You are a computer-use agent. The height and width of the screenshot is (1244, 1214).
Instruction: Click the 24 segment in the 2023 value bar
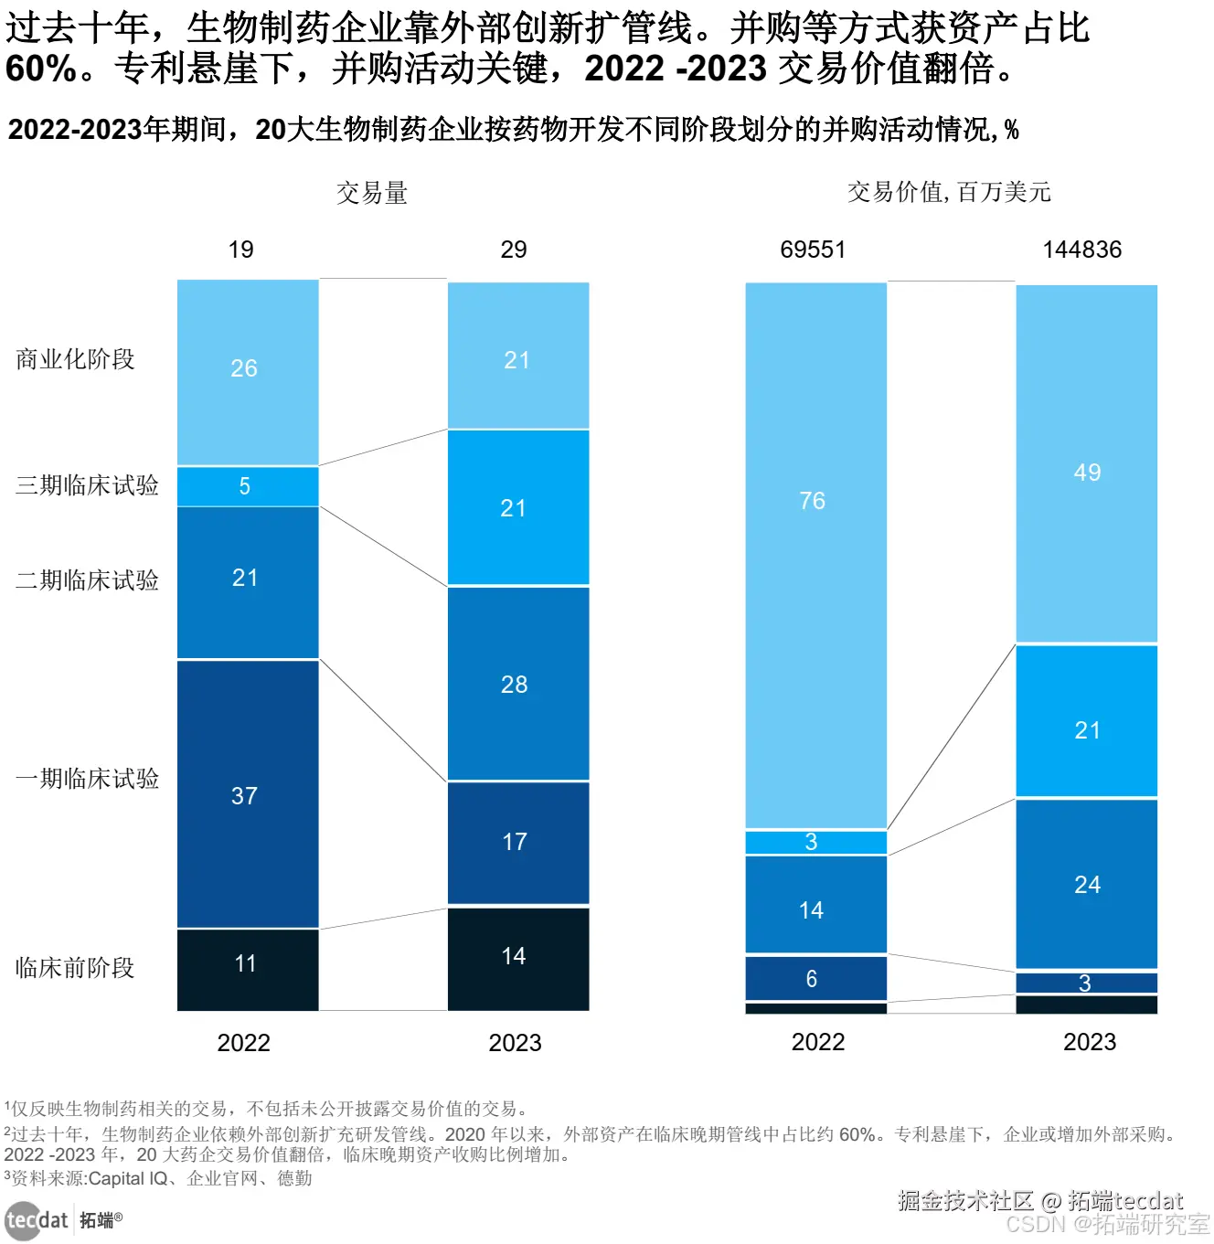[1086, 884]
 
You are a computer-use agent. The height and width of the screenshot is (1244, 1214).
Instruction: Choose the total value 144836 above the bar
[1082, 250]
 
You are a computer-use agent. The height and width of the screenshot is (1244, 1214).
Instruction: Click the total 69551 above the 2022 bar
[813, 250]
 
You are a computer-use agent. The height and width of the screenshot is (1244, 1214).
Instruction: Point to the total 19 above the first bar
[240, 250]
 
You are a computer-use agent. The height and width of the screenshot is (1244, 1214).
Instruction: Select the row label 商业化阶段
[75, 359]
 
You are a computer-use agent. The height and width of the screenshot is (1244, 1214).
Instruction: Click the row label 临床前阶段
[75, 968]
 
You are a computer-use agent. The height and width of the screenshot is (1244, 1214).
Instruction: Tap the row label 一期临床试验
[87, 779]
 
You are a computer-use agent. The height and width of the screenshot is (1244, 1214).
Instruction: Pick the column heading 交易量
[371, 193]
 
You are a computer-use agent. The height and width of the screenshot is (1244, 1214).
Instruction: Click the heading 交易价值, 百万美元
[949, 192]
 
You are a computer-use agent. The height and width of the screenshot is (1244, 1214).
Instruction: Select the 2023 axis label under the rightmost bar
[1090, 1042]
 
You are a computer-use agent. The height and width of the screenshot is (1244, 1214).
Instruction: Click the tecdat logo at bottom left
[37, 1219]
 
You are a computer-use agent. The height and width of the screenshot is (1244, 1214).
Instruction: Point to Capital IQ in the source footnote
[128, 1179]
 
